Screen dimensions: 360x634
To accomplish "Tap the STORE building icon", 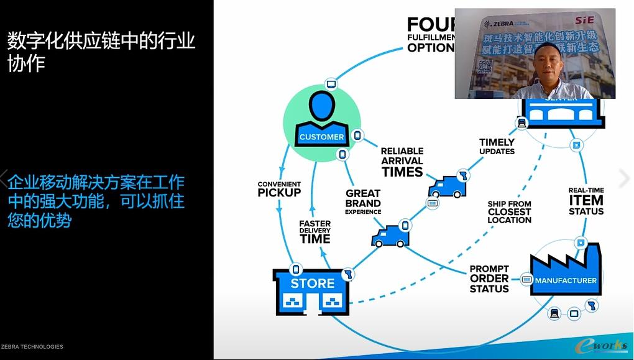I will coord(313,292).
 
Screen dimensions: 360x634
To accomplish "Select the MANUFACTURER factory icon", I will coord(566,270).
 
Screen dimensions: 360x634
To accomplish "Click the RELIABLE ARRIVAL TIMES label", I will coord(402,162).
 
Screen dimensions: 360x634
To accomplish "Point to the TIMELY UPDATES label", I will coord(497,147).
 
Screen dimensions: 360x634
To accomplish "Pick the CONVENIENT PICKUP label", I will coord(279,189).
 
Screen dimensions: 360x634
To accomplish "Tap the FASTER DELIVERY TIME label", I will coord(315,231).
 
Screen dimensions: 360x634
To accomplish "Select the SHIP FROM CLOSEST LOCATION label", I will coord(510,212).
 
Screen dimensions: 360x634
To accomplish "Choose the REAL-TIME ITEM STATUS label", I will coord(586,201).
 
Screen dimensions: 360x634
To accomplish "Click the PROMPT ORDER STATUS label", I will coord(489,279).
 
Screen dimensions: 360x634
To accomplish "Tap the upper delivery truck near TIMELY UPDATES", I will coord(446,188).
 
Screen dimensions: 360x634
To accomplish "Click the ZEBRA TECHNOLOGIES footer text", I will coord(32,347).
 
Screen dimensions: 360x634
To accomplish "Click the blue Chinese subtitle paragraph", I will coord(96,201).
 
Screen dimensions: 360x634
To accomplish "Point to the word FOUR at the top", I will coord(431,25).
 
